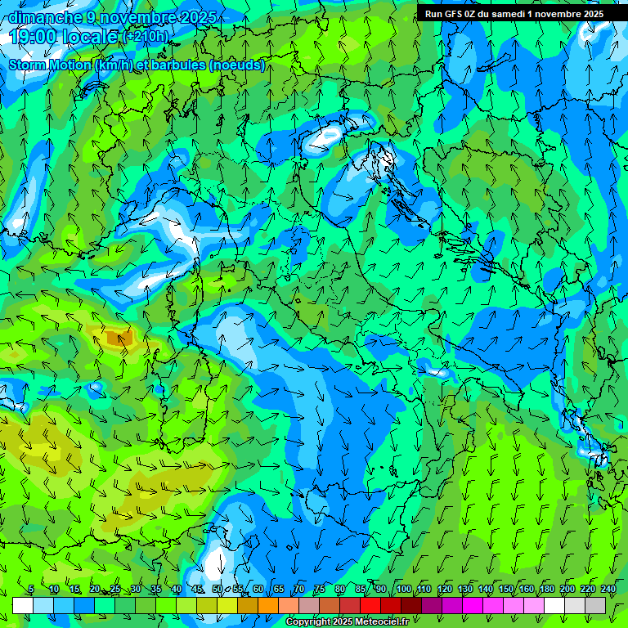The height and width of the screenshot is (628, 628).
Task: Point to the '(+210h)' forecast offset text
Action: tap(146, 36)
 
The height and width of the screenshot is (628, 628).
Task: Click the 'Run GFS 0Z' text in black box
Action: tap(452, 14)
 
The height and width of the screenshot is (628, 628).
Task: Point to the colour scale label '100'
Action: tap(404, 590)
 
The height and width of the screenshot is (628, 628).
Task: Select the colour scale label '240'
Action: tap(608, 590)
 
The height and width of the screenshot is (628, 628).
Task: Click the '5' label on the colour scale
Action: tap(31, 590)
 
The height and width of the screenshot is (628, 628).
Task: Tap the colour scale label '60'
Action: tap(258, 590)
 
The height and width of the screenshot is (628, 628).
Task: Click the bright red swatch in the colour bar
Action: tap(370, 605)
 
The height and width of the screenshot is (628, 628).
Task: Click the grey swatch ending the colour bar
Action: tap(595, 605)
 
